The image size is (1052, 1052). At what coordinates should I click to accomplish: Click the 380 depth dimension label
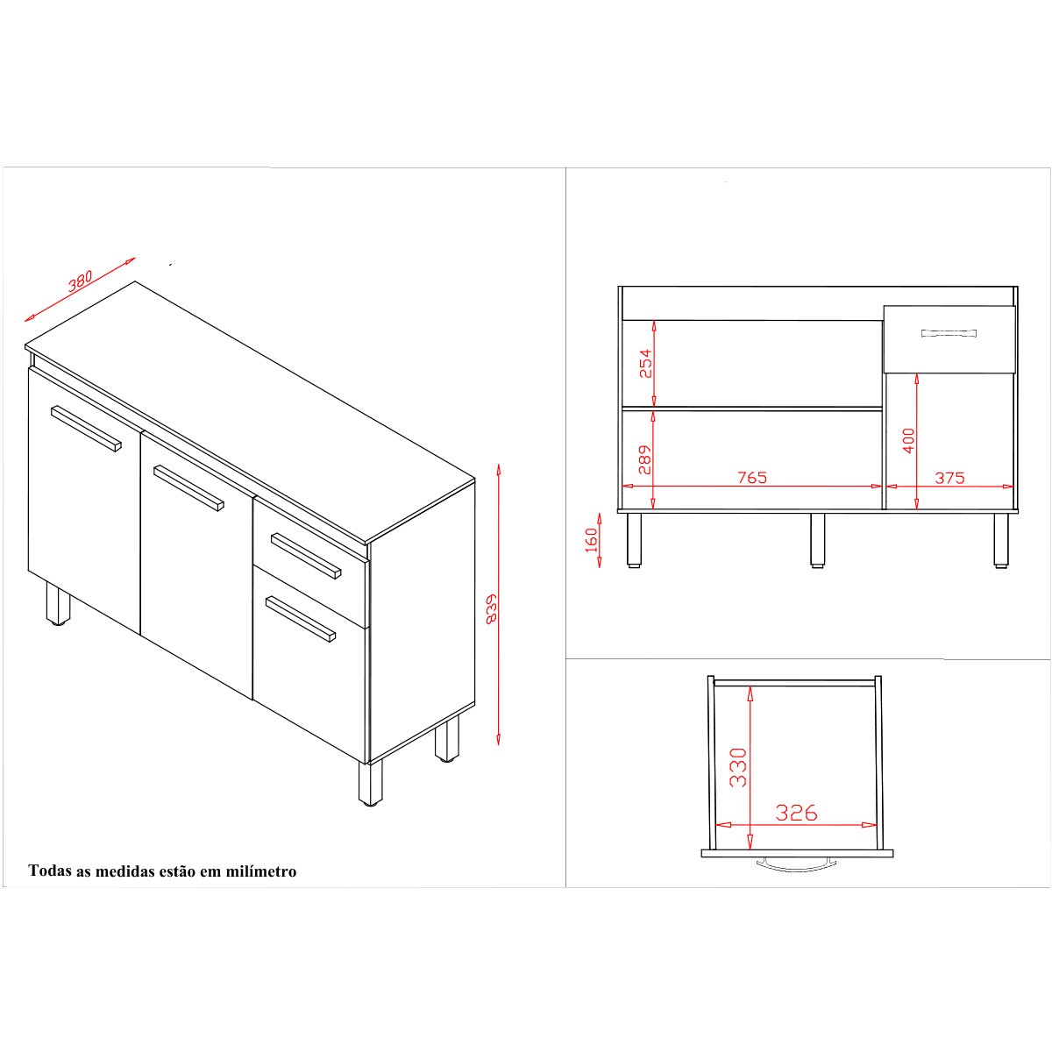point(81,281)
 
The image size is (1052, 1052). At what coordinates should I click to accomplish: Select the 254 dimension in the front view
point(646,364)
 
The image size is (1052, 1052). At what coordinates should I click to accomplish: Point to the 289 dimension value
point(645,460)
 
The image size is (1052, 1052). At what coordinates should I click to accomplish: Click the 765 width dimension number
point(752,478)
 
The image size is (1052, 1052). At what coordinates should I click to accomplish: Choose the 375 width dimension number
point(950,478)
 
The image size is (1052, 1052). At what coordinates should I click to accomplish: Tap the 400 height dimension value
point(908,441)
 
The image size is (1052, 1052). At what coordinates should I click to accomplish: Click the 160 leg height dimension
point(591,540)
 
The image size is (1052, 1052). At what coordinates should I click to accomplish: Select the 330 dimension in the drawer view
point(738,767)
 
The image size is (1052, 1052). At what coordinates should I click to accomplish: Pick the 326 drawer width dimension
point(797,813)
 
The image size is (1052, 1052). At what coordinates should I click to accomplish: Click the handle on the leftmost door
point(86,429)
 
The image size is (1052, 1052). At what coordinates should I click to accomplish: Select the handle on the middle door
point(188,487)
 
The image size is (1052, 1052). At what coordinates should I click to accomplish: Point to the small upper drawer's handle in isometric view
point(306,556)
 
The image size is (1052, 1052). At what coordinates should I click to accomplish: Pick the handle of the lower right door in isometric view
point(301,620)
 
